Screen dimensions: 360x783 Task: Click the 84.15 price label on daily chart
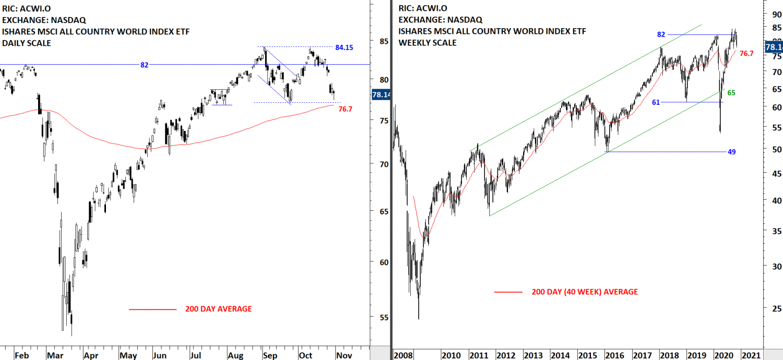click(x=344, y=47)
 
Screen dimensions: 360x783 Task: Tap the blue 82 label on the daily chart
click(x=144, y=65)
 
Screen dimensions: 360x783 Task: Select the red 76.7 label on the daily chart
click(x=346, y=109)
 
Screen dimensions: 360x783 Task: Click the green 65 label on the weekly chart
click(x=731, y=93)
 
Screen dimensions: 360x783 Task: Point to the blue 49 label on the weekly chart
click(x=731, y=152)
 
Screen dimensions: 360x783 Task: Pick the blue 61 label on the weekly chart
click(x=656, y=102)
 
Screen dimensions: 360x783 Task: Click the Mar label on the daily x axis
click(x=55, y=355)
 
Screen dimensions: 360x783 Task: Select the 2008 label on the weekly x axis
click(x=402, y=355)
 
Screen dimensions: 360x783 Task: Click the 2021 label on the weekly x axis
click(x=752, y=355)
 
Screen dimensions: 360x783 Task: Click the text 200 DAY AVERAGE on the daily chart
click(x=218, y=309)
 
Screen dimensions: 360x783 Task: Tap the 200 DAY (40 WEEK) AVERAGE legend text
click(x=585, y=292)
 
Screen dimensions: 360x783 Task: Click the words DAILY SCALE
click(x=27, y=43)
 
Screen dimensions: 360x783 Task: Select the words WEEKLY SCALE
click(x=427, y=43)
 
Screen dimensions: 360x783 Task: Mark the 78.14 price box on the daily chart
click(x=381, y=95)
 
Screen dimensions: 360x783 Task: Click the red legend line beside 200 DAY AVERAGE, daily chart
click(x=152, y=309)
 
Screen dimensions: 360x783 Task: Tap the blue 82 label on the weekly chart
click(x=661, y=34)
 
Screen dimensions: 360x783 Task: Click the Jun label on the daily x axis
click(x=160, y=355)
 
